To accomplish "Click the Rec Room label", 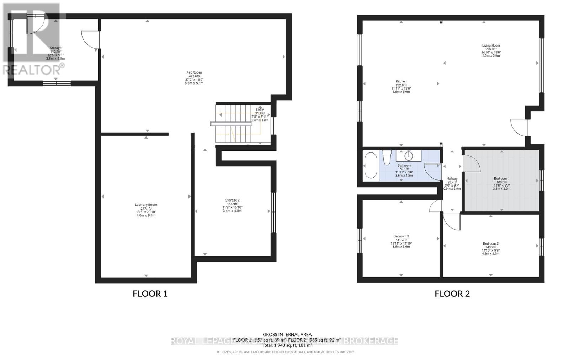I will click(x=194, y=72).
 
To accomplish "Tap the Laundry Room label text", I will click(x=146, y=205).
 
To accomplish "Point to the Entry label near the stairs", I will click(x=260, y=109).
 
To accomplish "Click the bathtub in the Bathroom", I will click(x=371, y=165).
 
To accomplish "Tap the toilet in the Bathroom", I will click(x=387, y=157).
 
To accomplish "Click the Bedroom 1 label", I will click(x=501, y=178).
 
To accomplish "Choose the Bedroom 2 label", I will click(x=490, y=243).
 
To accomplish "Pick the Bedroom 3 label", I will click(x=401, y=236).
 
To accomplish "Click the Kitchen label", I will click(x=401, y=81).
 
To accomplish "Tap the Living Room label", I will click(x=491, y=45).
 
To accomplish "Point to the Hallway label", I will click(x=452, y=178).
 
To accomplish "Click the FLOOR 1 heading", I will click(x=150, y=294).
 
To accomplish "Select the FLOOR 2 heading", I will click(x=452, y=294).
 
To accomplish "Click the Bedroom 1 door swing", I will click(x=472, y=163).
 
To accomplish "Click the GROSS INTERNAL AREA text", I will click(x=287, y=334).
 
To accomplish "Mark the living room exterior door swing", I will click(x=520, y=127).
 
